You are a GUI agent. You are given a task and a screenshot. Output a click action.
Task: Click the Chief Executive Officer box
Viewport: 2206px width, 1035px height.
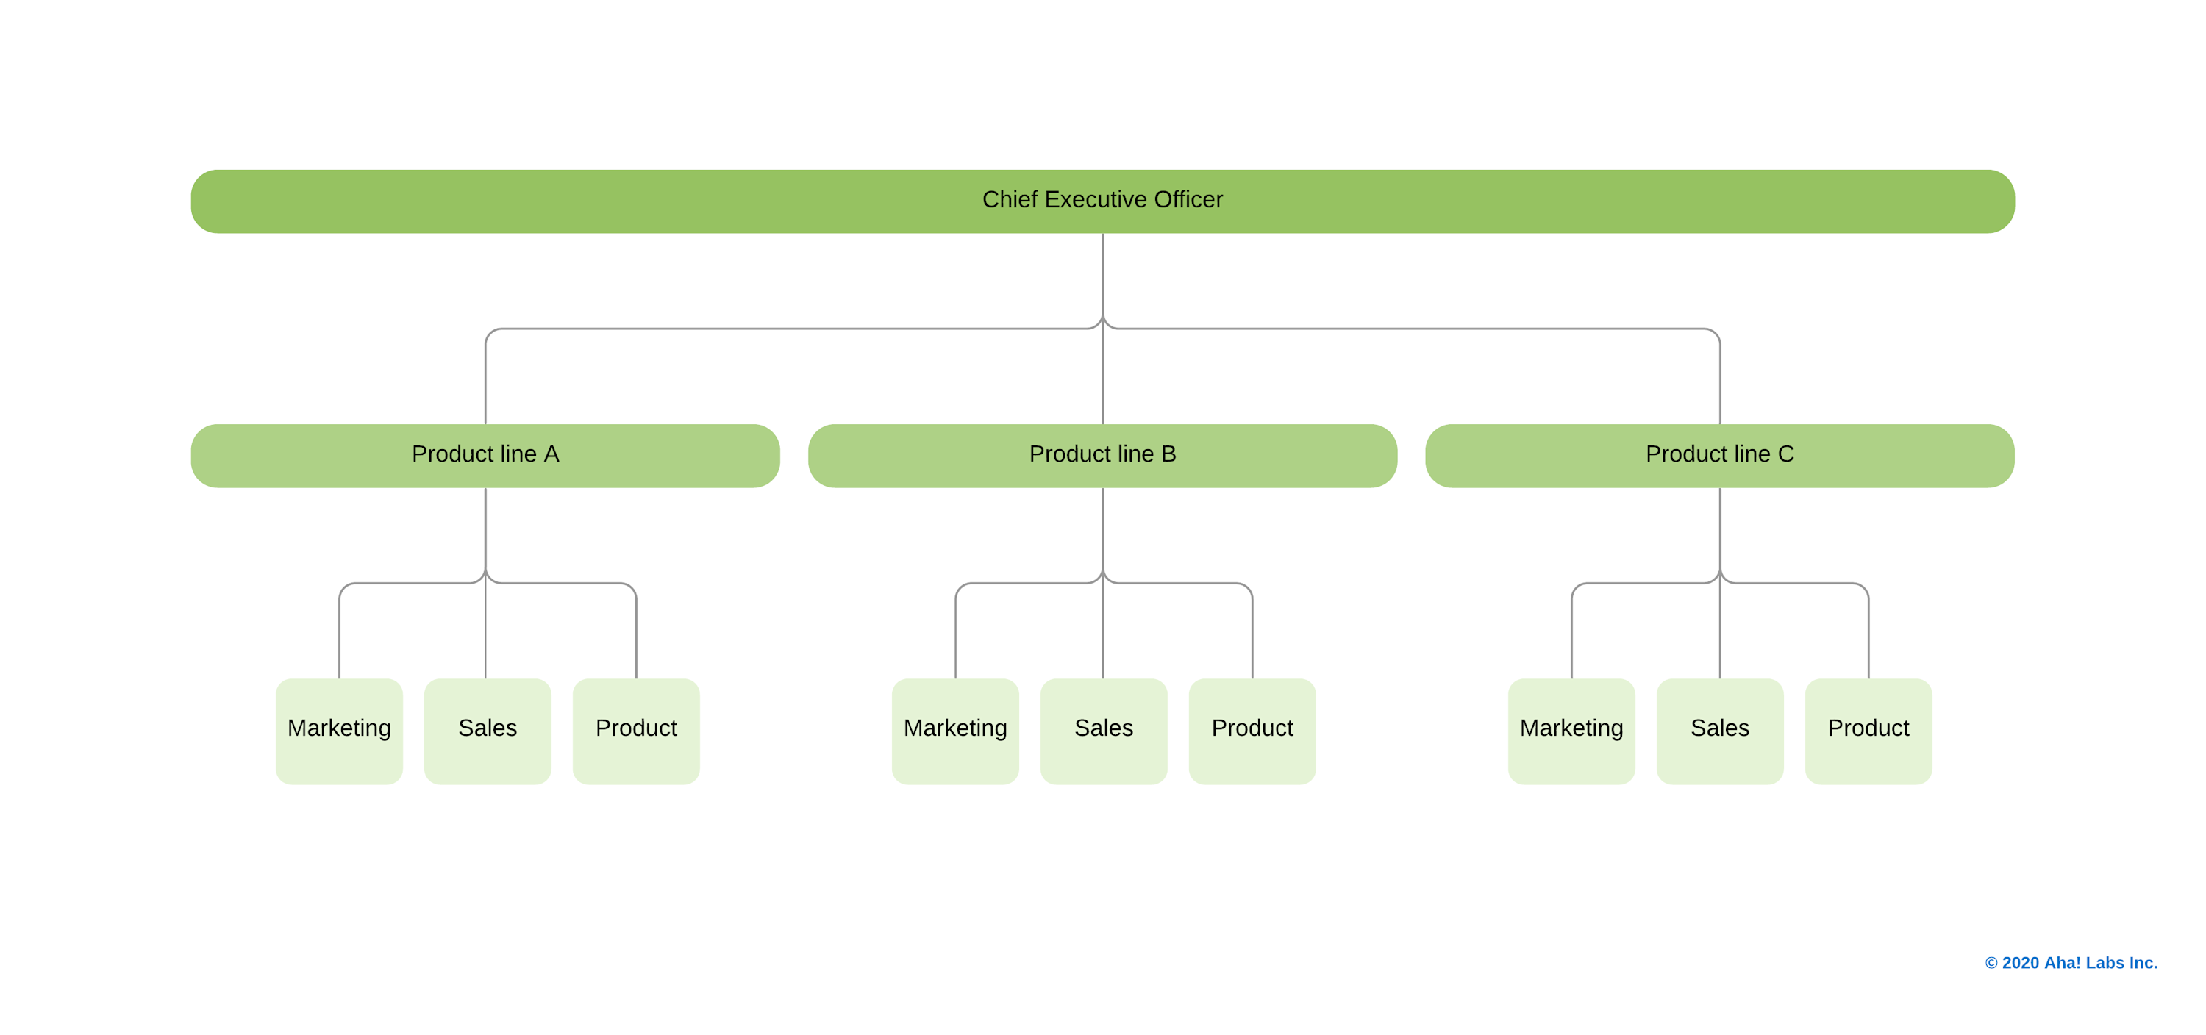pyautogui.click(x=1102, y=201)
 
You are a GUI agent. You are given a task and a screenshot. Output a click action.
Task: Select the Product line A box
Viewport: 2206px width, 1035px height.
pyautogui.click(x=485, y=456)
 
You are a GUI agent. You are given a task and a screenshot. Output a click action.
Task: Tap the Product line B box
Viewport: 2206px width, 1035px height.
pyautogui.click(x=1102, y=456)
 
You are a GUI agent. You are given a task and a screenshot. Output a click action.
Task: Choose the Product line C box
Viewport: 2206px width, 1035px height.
pyautogui.click(x=1720, y=456)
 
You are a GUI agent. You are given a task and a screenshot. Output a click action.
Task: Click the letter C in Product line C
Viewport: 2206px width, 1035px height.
pyautogui.click(x=1785, y=454)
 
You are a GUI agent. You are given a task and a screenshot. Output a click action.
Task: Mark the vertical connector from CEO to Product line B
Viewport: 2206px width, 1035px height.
pyautogui.click(x=1103, y=376)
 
